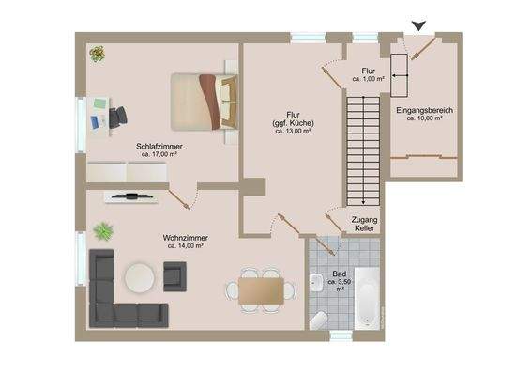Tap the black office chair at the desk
[117, 117]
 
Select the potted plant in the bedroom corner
[97, 55]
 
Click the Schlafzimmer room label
[158, 147]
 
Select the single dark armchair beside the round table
[174, 275]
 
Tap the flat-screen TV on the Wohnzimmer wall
[129, 196]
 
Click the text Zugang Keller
[364, 223]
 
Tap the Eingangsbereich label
[425, 110]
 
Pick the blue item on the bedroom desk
[98, 122]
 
